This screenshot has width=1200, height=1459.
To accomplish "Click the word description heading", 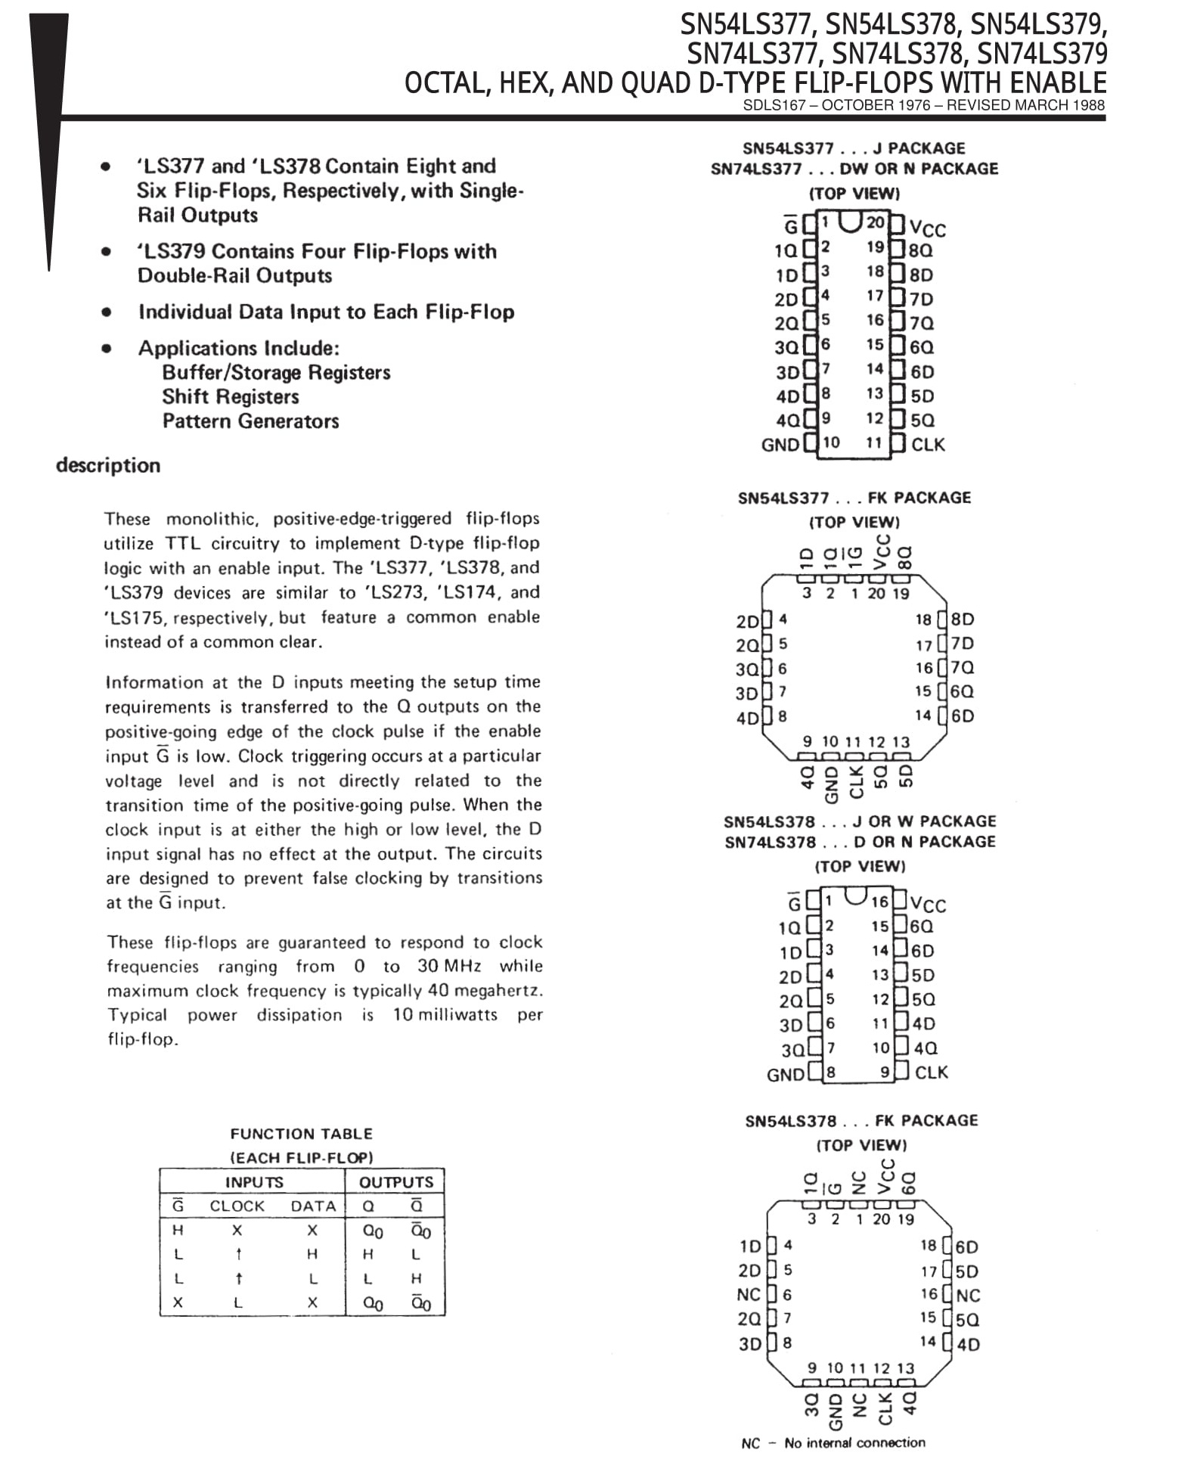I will (x=108, y=465).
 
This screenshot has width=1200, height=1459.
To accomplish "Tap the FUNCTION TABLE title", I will (x=301, y=1134).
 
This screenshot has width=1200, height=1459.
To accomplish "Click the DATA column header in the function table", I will (x=313, y=1206).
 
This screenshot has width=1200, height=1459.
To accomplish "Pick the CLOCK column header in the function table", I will (x=237, y=1206).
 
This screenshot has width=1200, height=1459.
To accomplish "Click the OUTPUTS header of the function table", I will (x=395, y=1182).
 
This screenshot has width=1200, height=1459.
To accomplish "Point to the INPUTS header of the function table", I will (x=254, y=1182).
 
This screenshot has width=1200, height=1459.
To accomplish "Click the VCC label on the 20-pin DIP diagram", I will (x=928, y=228).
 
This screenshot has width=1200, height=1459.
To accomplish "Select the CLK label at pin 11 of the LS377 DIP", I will (x=928, y=445).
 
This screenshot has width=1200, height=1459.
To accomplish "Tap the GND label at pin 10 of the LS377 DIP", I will (x=780, y=445).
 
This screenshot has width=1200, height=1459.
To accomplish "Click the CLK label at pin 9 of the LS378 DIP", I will (x=931, y=1073).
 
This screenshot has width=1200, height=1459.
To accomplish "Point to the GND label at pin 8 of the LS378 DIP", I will (x=785, y=1075).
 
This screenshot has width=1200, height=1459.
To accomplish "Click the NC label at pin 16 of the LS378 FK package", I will (x=968, y=1296).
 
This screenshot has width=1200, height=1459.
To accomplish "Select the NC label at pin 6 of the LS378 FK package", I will (x=749, y=1295).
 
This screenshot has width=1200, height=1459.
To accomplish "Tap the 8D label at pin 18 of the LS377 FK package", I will (x=963, y=619).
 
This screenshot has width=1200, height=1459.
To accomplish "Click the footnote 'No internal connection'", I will (x=854, y=1443).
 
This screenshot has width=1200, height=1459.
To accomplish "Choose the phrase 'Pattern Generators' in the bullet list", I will (x=250, y=421).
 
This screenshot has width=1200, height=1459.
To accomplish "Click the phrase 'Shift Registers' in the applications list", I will (x=231, y=397).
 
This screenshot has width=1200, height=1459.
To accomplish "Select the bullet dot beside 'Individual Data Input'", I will (x=107, y=312).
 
